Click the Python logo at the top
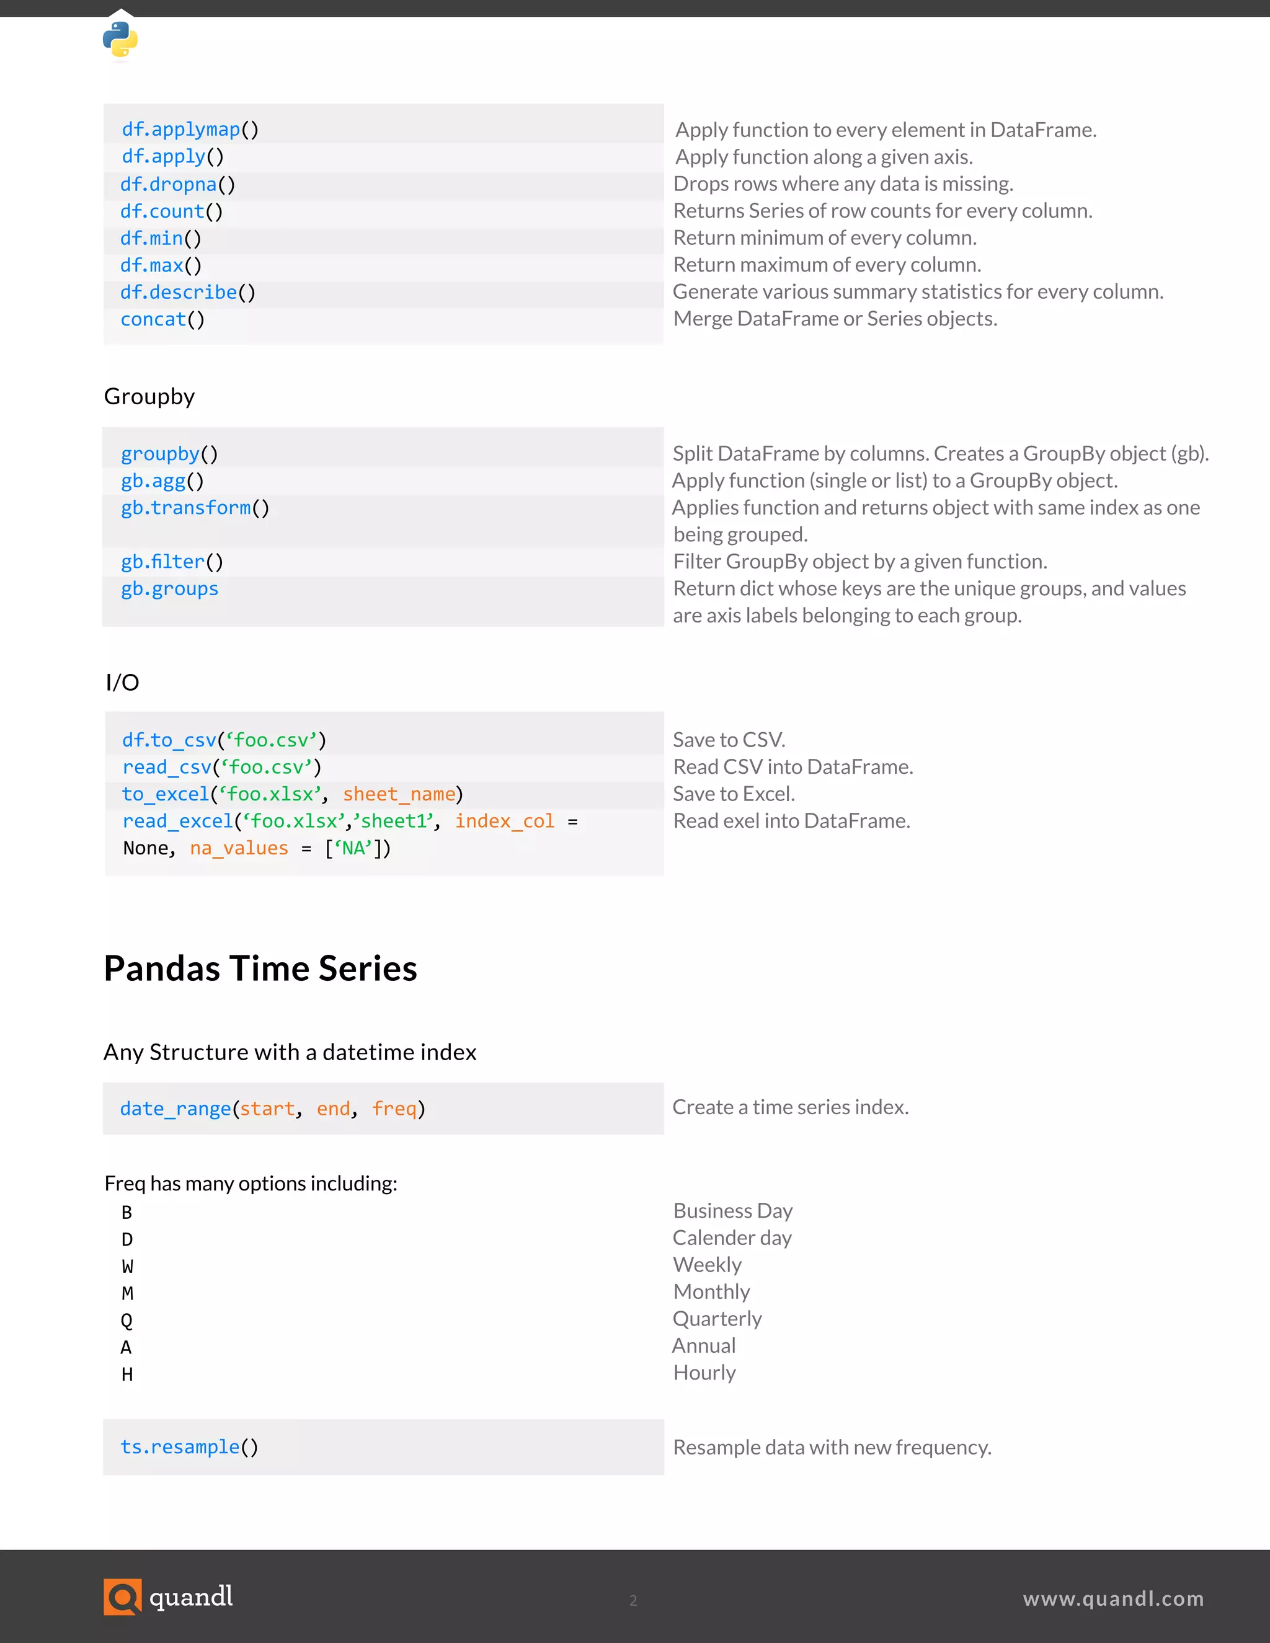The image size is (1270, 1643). (120, 39)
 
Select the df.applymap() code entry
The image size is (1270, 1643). (190, 130)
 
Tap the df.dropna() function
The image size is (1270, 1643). (177, 184)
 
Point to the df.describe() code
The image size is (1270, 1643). (188, 293)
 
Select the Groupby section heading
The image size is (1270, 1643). (149, 396)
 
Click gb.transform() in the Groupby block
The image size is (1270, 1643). (195, 508)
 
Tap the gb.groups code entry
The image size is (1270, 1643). (169, 589)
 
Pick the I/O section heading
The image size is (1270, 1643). (122, 683)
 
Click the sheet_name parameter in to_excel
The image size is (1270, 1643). (399, 794)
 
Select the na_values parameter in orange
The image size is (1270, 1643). (239, 849)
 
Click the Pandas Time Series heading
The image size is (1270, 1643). (260, 968)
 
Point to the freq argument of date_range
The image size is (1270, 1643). (394, 1109)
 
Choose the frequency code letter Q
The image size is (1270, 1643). (127, 1320)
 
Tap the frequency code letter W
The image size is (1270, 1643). (127, 1266)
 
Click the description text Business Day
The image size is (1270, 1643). (732, 1211)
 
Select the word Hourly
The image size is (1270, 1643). (704, 1373)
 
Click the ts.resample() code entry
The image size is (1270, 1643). (189, 1448)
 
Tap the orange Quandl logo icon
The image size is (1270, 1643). (122, 1596)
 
